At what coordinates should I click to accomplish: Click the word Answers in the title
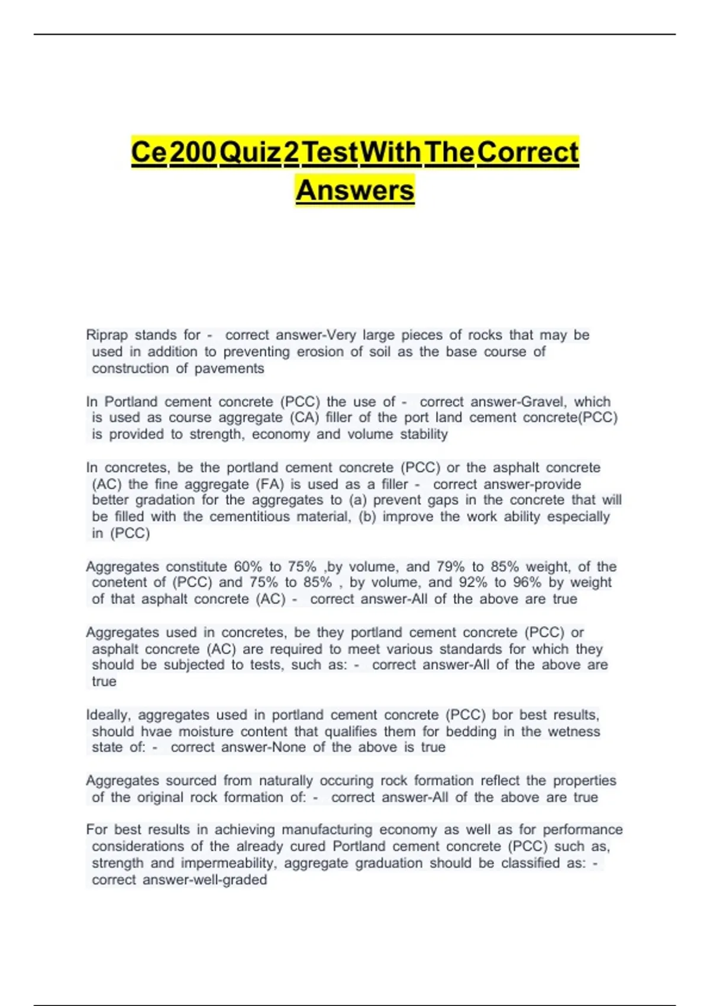pyautogui.click(x=355, y=191)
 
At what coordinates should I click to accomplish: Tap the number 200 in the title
pyautogui.click(x=193, y=152)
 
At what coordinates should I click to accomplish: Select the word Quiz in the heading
pyautogui.click(x=250, y=152)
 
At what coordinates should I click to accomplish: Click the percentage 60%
pyautogui.click(x=248, y=566)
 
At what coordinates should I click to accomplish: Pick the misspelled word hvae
pyautogui.click(x=156, y=731)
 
